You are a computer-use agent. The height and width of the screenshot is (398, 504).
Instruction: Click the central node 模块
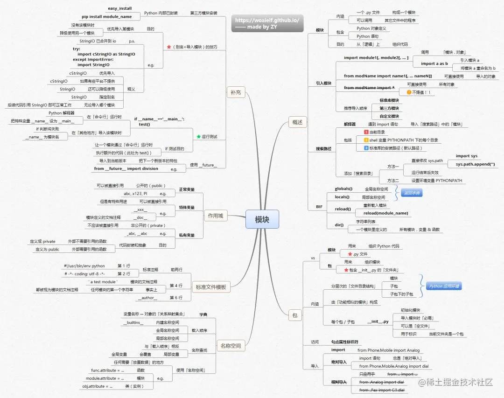(x=262, y=220)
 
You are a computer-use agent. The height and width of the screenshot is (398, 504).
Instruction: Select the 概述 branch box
(x=297, y=123)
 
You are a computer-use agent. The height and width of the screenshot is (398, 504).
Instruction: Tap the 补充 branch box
(x=236, y=92)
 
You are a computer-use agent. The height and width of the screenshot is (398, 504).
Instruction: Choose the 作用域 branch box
(x=215, y=215)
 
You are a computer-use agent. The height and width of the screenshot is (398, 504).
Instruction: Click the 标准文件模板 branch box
(x=211, y=287)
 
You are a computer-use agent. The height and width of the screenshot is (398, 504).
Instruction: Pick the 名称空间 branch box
(x=231, y=346)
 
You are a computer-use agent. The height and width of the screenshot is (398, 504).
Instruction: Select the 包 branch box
(x=294, y=315)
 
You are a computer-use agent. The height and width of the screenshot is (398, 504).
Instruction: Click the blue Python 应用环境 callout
(x=444, y=286)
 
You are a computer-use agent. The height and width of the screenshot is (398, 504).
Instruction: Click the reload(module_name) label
(x=386, y=213)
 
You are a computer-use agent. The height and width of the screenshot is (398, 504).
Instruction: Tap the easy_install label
(x=120, y=8)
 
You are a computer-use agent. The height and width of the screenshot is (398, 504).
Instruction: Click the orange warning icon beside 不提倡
(x=409, y=92)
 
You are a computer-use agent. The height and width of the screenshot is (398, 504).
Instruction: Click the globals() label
(x=344, y=189)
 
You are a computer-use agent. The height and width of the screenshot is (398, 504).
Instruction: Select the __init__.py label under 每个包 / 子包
(x=378, y=321)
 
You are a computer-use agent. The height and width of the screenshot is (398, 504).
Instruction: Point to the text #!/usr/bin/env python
(x=84, y=266)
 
